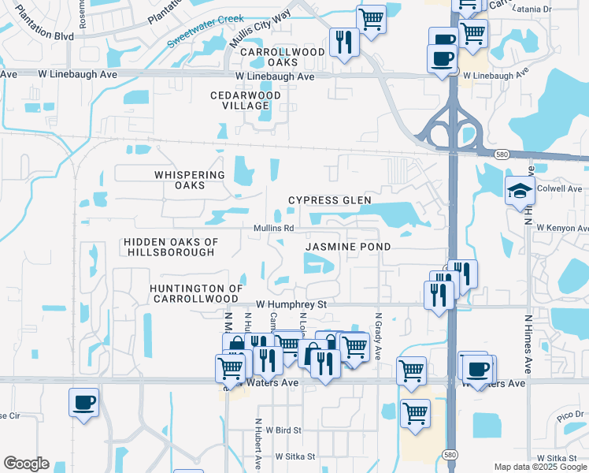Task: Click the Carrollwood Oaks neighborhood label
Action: pyautogui.click(x=271, y=57)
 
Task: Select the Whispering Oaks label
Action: pyautogui.click(x=190, y=180)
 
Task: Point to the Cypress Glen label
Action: pyautogui.click(x=329, y=200)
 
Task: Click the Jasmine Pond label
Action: pyautogui.click(x=348, y=247)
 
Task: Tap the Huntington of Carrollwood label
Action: pyautogui.click(x=194, y=293)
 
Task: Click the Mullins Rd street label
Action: pyautogui.click(x=273, y=229)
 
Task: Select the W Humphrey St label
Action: pyautogui.click(x=291, y=304)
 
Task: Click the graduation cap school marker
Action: pyautogui.click(x=520, y=192)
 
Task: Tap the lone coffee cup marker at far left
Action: pyautogui.click(x=84, y=404)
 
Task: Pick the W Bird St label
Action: pyautogui.click(x=283, y=430)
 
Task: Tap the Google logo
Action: pyautogui.click(x=26, y=464)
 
